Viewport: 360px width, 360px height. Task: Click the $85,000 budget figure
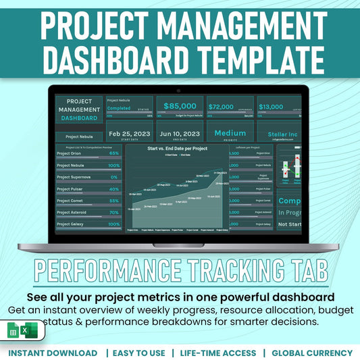180,106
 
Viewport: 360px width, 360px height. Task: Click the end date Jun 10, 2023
180,133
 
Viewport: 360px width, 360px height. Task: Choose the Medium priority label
230,133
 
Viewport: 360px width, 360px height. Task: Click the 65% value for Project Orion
113,153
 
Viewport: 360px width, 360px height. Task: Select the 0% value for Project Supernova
114,177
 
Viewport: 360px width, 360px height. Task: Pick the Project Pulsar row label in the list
70,189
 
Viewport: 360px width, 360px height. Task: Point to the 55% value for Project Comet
113,201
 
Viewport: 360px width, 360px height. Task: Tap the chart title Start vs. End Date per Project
177,148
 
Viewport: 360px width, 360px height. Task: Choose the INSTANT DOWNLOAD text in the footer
53,353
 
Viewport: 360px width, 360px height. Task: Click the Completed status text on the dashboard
120,107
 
